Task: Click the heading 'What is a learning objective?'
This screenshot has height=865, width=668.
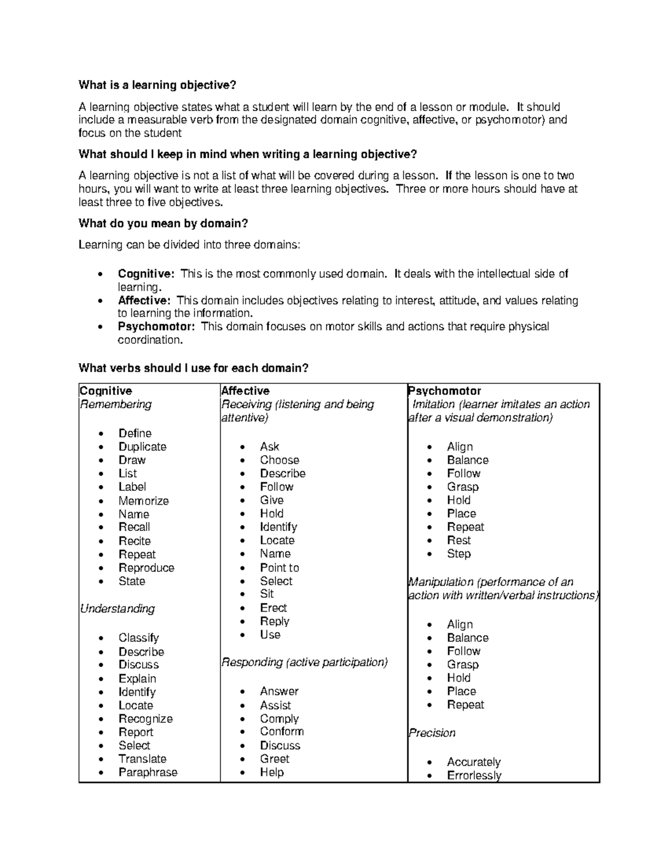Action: (x=158, y=85)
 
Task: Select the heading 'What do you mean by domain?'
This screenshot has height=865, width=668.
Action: (x=163, y=223)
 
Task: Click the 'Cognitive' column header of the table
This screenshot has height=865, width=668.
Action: (x=106, y=391)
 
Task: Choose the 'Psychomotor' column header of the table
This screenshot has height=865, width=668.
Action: (x=444, y=391)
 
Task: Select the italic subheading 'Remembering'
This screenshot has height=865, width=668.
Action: (x=116, y=404)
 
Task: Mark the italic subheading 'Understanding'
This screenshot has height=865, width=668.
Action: (x=117, y=609)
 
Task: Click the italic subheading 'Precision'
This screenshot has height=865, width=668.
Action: (x=432, y=733)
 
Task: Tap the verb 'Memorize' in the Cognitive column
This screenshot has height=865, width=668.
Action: (x=144, y=501)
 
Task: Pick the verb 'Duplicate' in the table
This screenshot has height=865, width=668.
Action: (x=143, y=447)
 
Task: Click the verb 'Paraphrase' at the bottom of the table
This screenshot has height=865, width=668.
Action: (x=148, y=773)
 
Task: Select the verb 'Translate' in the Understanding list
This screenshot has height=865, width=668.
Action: (x=143, y=759)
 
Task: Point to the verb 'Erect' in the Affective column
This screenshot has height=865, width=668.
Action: (x=273, y=608)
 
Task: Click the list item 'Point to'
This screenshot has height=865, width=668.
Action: (x=279, y=568)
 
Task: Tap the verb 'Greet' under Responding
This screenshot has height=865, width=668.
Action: (x=274, y=759)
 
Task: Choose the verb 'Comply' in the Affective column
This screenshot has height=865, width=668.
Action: (x=279, y=719)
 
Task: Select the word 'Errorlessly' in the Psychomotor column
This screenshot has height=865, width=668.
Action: (x=474, y=775)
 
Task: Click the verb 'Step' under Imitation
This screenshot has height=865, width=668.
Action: (x=459, y=554)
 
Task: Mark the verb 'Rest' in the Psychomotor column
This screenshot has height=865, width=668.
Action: (x=459, y=541)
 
